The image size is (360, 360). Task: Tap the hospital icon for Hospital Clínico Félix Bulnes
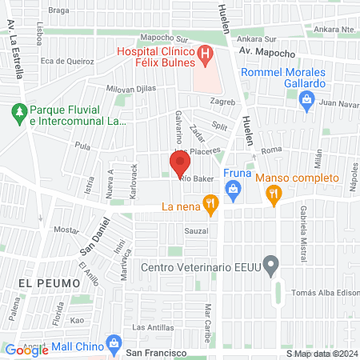[206, 55]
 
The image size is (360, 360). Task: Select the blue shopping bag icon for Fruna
[234, 190]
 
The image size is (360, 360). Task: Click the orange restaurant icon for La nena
[210, 206]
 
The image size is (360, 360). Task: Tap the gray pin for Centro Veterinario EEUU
[271, 264]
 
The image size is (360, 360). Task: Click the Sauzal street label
[196, 230]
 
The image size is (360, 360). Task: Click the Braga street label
[81, 10]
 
